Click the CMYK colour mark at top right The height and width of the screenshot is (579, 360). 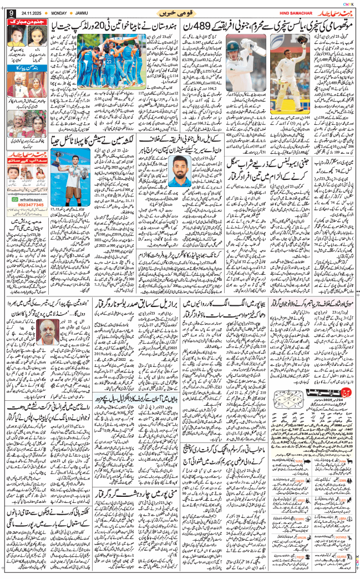tap(348, 4)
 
